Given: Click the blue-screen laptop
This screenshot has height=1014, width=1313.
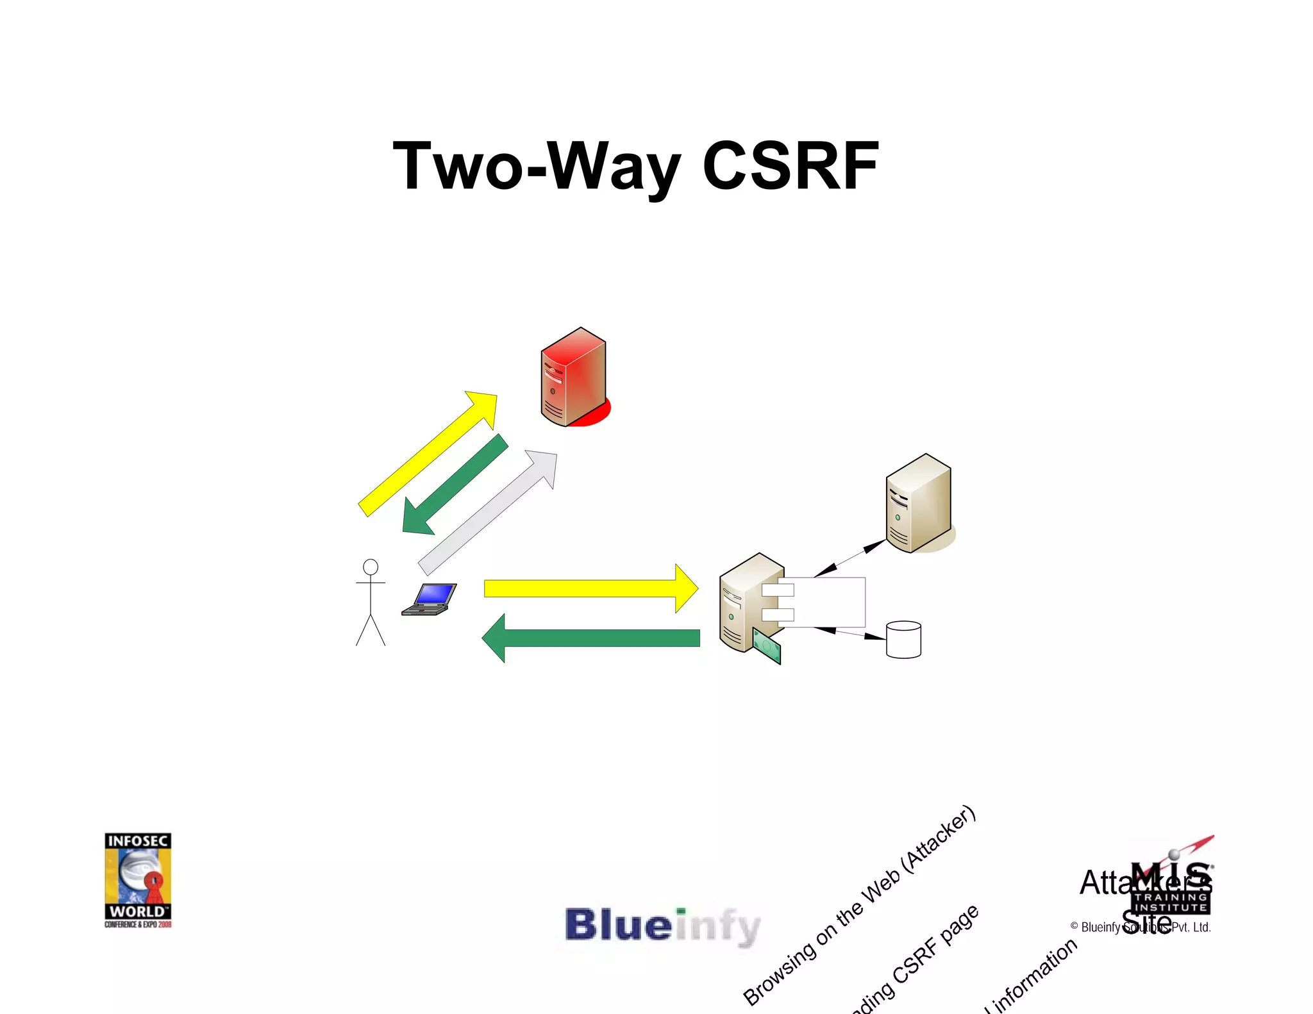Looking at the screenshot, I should click(430, 599).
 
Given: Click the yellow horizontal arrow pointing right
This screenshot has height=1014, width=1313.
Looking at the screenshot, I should click(590, 588).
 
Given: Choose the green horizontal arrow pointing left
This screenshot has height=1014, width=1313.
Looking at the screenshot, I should click(590, 638).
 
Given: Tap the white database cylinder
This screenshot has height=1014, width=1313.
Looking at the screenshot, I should click(903, 639).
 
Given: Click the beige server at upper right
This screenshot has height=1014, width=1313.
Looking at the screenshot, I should click(919, 503).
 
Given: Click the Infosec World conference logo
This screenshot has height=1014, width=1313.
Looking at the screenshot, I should click(138, 879).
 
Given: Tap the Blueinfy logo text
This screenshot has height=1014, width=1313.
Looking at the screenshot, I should click(662, 926).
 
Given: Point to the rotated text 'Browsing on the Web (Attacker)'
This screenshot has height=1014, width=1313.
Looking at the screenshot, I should click(859, 906).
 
